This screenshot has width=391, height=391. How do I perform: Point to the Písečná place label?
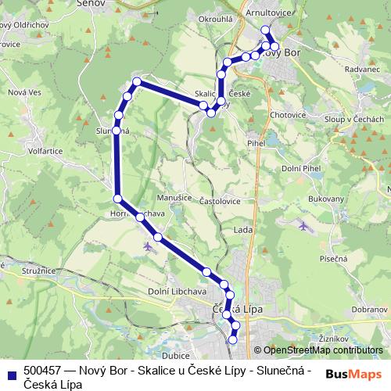pos(332,258)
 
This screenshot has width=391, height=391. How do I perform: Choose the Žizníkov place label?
pos(332,338)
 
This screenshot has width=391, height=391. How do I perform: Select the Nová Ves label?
pos(23,92)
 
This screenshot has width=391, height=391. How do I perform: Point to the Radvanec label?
pos(340,68)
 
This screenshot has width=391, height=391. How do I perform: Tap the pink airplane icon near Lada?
pos(303,226)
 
